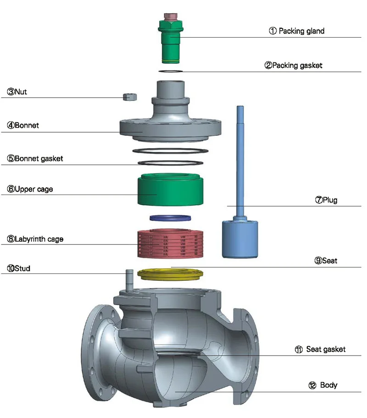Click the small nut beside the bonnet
(x=130, y=96)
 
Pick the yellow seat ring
(x=170, y=274)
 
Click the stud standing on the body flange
(x=129, y=279)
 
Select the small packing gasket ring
(x=171, y=71)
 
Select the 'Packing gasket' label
(x=293, y=65)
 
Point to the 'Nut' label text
(x=20, y=92)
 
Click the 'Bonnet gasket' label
(x=35, y=159)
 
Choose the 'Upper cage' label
(x=30, y=189)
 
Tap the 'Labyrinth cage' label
(x=35, y=239)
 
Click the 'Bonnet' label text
(x=22, y=125)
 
